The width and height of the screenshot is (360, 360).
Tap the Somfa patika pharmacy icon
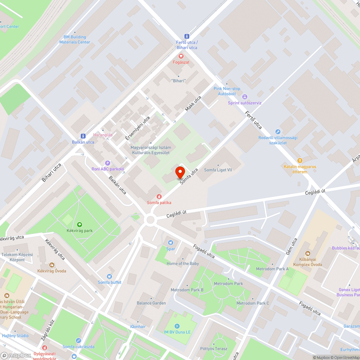[x=159, y=196]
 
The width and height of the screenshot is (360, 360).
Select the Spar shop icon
[x=171, y=242]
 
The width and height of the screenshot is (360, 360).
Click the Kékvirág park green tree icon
[x=79, y=224]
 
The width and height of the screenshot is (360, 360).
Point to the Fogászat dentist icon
[x=181, y=56]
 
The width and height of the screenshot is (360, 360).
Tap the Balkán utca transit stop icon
[x=83, y=136]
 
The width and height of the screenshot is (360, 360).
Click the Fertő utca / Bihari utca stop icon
[x=186, y=36]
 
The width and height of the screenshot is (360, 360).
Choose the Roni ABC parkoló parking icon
[x=107, y=163]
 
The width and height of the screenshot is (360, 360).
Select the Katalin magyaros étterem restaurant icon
[x=300, y=160]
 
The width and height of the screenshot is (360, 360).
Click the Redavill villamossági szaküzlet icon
[x=277, y=132]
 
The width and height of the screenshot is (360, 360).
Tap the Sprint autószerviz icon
[x=245, y=96]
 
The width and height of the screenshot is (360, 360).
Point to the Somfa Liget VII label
[x=218, y=170]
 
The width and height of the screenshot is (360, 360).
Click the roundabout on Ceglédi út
[x=150, y=220]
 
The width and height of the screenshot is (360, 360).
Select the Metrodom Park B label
[x=187, y=290]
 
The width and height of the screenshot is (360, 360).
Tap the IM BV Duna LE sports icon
[x=177, y=326]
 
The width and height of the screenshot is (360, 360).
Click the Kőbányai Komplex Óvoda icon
[x=307, y=254]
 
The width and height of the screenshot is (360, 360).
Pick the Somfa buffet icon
[x=109, y=276]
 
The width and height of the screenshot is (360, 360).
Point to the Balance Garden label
[x=151, y=303]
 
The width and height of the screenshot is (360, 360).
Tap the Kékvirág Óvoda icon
[x=51, y=265]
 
